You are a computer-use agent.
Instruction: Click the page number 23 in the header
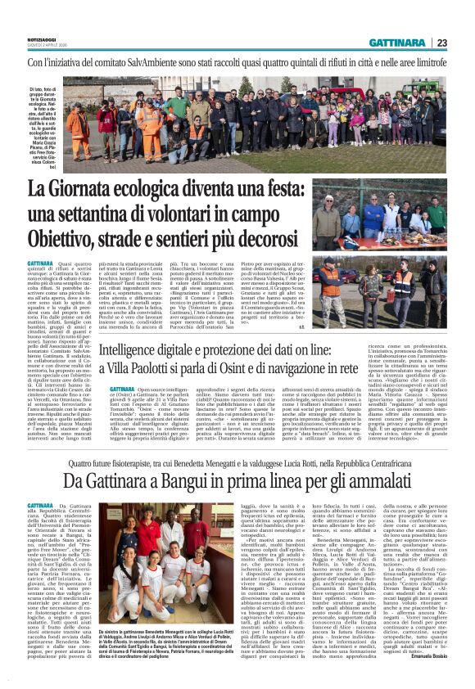(x=463, y=43)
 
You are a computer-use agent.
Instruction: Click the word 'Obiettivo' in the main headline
(x=65, y=239)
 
